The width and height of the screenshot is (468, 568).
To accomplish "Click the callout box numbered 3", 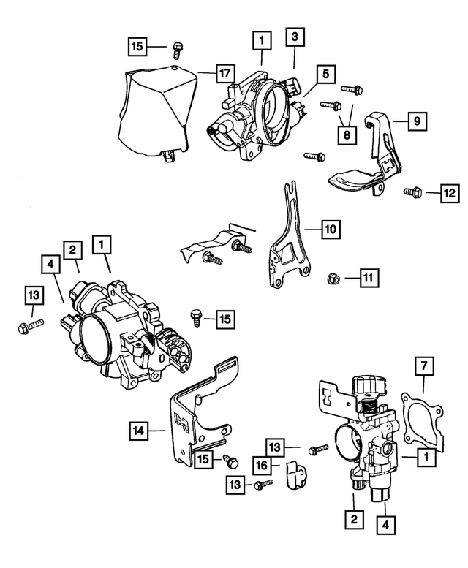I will [293, 37].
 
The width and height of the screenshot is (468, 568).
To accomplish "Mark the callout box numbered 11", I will [369, 277].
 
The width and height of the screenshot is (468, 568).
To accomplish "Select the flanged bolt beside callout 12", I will [412, 192].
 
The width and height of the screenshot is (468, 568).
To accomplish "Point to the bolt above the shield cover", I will [176, 50].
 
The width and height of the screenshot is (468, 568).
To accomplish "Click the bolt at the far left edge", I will [26, 326].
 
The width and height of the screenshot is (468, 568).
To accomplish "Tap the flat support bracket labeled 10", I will [288, 245].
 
